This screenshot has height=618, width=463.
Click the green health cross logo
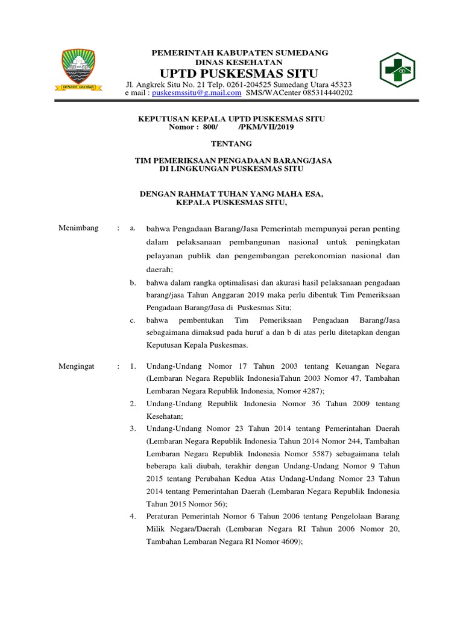coord(397,71)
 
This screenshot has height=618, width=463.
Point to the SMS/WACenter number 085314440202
coord(324,93)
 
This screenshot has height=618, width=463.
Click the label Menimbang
coord(78,228)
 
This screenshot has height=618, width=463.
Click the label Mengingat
coord(77,366)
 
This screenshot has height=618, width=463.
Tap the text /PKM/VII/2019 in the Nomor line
coord(264,127)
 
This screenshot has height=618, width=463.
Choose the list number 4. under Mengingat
coord(133,516)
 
